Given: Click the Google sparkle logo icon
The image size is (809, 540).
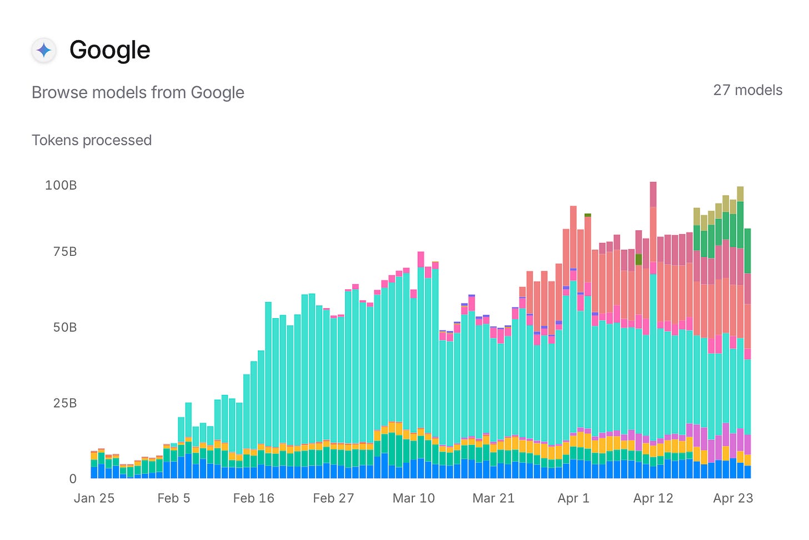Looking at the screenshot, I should coord(44,51).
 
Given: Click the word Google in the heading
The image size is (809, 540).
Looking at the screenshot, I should coord(109,50).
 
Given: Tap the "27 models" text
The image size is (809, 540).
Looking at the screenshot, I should coord(747,90).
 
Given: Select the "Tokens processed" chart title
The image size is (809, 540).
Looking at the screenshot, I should coord(92,140).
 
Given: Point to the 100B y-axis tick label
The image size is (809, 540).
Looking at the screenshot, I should coord(61,185).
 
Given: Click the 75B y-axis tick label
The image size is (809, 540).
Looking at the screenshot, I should coord(64,251).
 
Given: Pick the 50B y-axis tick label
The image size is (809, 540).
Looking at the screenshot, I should coord(64,327).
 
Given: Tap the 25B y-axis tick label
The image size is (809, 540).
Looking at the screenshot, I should coord(64,403).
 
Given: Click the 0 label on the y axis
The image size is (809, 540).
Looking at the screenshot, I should coord(72,478).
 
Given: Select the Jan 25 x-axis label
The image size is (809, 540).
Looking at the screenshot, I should coord(94,498).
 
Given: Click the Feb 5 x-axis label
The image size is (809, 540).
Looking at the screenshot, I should coord(173,498).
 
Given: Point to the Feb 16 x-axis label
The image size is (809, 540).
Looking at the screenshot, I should coord(253,498).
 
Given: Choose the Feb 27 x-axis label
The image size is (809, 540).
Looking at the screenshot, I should coord(333,498).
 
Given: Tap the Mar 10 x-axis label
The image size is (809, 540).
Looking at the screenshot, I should coord(413,498).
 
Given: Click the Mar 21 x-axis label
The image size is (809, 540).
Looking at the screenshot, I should coord(493,498).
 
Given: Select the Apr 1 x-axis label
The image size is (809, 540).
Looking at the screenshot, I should coord(573,498).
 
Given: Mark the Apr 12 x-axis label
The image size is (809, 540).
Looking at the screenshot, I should coord(653,498).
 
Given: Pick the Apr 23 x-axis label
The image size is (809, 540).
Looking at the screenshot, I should coord(733,498).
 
